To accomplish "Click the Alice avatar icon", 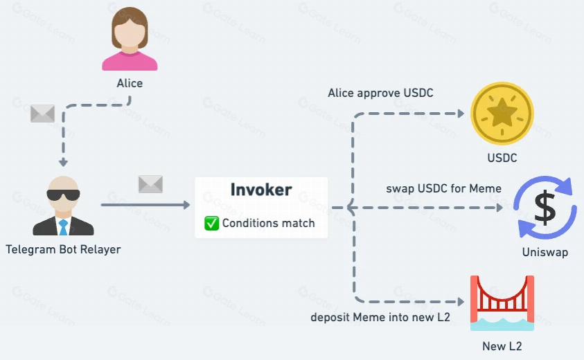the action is point(130,39).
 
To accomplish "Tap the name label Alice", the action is point(130,83).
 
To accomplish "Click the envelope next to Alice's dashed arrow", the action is point(42,114).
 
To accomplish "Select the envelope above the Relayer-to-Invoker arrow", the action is point(150,184).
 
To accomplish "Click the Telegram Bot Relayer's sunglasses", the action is point(63,195).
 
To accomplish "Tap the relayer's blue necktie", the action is point(63,227).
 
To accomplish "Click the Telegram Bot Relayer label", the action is point(63,249).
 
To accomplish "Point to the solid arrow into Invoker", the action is point(145,205).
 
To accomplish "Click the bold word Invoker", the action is point(261,190).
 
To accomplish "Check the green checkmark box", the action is point(211,223).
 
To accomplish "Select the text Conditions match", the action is point(269,223).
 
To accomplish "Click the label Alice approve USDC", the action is point(380,93).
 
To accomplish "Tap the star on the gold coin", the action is point(502,111).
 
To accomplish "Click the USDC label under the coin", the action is point(502,158).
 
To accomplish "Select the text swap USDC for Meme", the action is point(443,188).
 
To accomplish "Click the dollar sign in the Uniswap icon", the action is point(545,208).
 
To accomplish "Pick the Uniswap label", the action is point(545,252).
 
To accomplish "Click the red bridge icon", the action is point(502,303).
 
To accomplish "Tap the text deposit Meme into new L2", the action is point(380,317).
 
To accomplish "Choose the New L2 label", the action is point(502,346).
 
